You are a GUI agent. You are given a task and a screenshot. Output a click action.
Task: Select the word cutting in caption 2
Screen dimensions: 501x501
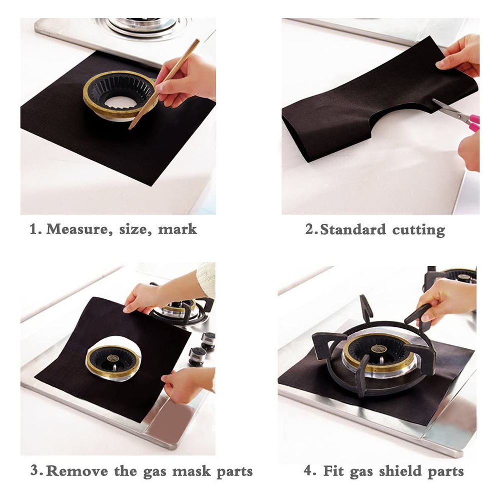click(418, 231)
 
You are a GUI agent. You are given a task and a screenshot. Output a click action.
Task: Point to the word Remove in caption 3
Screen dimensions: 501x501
click(77, 471)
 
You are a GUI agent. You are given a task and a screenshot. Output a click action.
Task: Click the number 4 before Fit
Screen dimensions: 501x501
click(307, 470)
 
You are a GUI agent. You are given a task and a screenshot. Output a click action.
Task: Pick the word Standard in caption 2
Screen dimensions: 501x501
click(353, 230)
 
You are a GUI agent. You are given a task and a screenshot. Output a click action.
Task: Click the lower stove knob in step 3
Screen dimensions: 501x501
click(197, 355)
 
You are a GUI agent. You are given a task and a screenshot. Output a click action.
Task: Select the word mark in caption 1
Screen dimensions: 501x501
click(177, 230)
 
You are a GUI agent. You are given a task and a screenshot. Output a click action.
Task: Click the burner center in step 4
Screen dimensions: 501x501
click(379, 348)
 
